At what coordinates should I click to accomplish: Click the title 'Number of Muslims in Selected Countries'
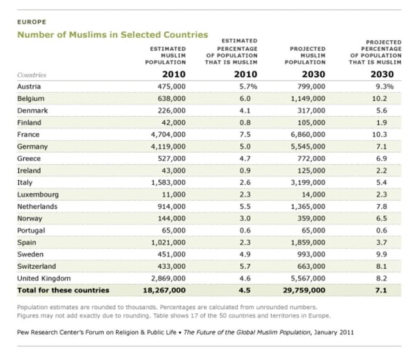pyautogui.click(x=112, y=35)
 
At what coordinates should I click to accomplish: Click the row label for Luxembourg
pyautogui.click(x=37, y=195)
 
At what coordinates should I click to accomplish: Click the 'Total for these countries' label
pyautogui.click(x=63, y=290)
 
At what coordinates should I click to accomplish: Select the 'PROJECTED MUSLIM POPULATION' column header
pyautogui.click(x=306, y=55)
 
